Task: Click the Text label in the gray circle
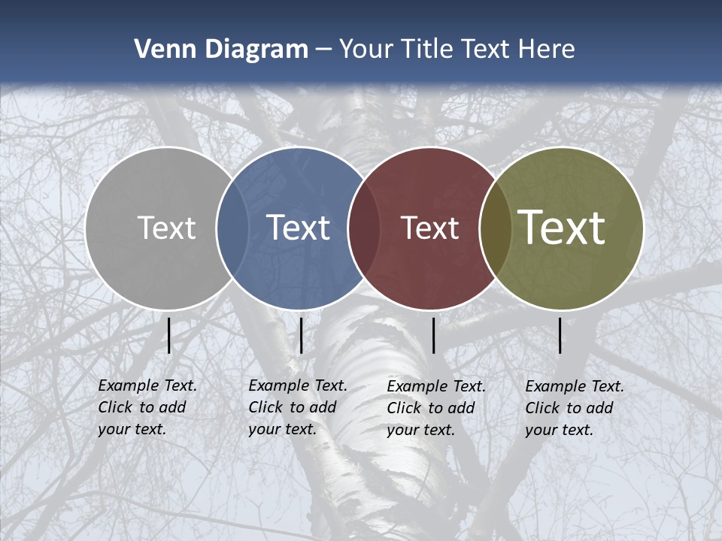click(x=166, y=228)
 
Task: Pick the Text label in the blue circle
click(x=298, y=228)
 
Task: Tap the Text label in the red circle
click(x=429, y=228)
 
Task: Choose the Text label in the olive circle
click(x=562, y=228)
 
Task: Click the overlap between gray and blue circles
click(x=232, y=228)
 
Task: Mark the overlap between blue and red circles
click(x=364, y=228)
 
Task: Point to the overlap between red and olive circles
click(x=496, y=228)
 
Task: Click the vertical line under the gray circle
click(x=168, y=335)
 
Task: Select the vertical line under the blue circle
click(x=301, y=335)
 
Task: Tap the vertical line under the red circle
click(x=433, y=335)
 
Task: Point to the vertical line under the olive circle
click(x=560, y=335)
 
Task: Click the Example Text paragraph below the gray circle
click(x=147, y=407)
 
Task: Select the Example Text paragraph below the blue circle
click(x=297, y=407)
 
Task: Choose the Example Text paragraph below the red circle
click(x=435, y=408)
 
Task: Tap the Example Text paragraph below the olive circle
click(x=574, y=408)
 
